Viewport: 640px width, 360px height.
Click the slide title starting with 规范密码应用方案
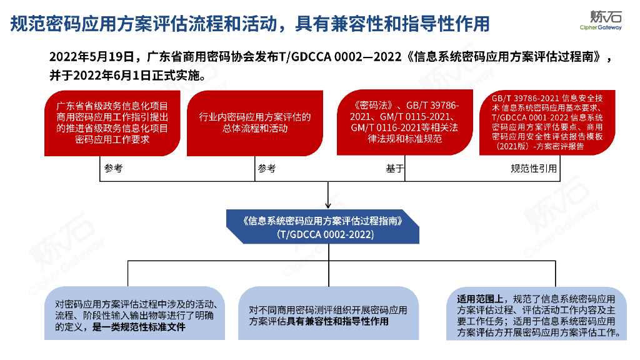point(250,24)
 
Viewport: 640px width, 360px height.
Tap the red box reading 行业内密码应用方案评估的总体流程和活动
point(254,123)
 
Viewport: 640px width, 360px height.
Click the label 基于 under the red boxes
point(395,169)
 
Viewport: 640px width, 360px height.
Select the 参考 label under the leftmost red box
point(114,169)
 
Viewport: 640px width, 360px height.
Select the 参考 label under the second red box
point(267,169)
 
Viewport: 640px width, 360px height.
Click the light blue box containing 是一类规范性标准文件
point(135,313)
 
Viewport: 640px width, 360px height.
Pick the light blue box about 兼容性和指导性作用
point(327,313)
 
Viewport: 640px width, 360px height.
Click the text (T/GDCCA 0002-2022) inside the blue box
point(327,235)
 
